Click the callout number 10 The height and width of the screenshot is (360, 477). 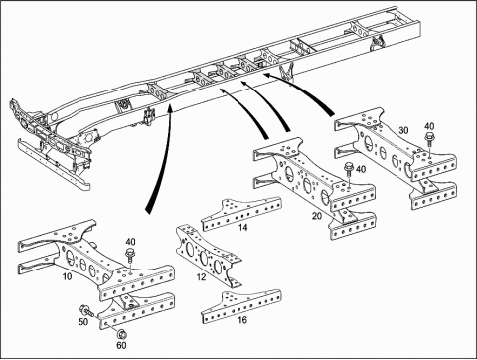click(67, 276)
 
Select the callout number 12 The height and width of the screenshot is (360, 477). click(201, 277)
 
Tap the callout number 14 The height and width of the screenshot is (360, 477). click(242, 228)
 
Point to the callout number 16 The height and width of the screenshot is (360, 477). click(242, 320)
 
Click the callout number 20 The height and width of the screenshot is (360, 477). click(317, 216)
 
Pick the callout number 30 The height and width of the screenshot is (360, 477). click(403, 130)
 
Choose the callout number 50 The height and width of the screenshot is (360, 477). click(83, 322)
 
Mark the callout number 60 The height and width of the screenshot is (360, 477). click(121, 345)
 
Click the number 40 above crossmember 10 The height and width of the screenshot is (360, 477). click(130, 242)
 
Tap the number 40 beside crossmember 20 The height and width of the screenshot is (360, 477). click(361, 169)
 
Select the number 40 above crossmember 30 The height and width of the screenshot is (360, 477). click(429, 126)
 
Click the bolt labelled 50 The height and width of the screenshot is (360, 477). click(87, 310)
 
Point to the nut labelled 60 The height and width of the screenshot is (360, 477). click(121, 333)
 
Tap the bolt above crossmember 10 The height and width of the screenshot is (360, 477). click(130, 257)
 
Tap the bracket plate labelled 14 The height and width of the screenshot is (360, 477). click(241, 214)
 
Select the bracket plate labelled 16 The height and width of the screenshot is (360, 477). click(241, 306)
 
